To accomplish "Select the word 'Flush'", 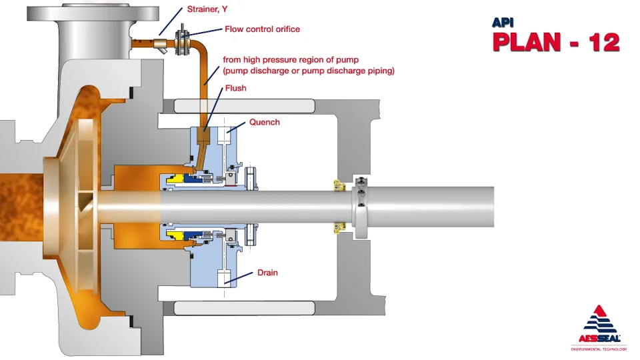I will click(235, 88).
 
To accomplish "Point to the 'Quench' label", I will click(265, 122).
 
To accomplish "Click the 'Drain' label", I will click(267, 273).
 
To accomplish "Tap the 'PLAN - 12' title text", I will click(556, 41).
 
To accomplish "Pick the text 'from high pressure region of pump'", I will click(290, 59).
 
